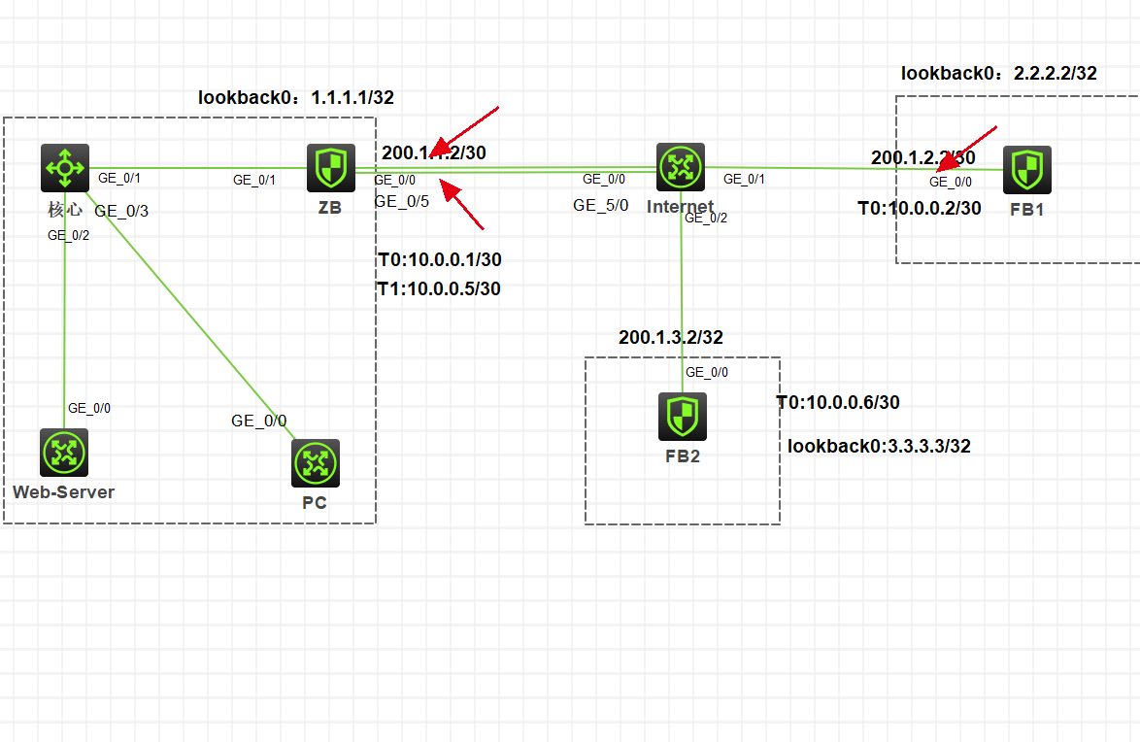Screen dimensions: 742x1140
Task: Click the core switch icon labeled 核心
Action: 65,168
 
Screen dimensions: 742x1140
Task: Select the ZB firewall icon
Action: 331,168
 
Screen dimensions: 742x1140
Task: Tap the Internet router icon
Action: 681,168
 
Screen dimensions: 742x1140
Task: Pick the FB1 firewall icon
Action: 1027,170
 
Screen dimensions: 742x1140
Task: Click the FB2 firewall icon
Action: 682,417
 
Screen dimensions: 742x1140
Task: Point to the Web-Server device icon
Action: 64,453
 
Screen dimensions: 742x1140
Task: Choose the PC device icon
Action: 316,463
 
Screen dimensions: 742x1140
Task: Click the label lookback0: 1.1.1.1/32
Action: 296,97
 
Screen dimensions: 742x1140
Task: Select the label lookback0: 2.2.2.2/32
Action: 998,73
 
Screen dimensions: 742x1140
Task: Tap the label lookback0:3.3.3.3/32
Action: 879,446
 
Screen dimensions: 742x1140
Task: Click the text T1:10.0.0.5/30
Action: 439,288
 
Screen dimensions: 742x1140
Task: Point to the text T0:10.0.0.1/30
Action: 439,259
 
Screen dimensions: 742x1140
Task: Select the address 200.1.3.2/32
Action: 671,337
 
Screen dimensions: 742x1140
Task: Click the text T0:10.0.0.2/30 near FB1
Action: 919,208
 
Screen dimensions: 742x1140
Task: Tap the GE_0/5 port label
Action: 401,201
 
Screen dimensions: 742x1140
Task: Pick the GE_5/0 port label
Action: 600,205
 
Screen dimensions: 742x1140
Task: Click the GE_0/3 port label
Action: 121,210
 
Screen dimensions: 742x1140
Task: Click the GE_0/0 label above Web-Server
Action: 88,408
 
